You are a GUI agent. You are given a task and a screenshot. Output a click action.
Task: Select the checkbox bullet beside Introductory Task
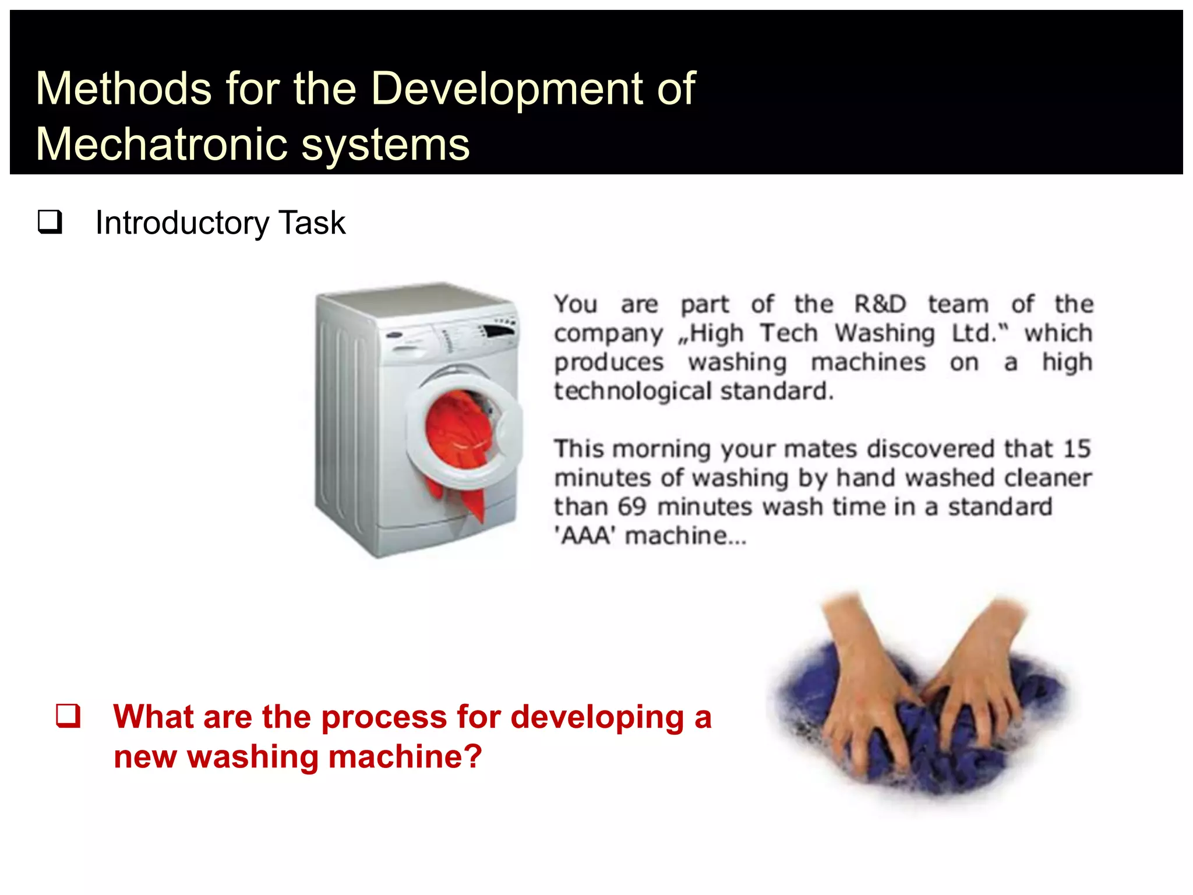(x=50, y=222)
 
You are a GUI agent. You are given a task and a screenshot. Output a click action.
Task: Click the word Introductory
(x=182, y=223)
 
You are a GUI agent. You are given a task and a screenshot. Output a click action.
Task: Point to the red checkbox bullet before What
(x=68, y=716)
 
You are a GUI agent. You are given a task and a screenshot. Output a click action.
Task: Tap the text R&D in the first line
(x=880, y=304)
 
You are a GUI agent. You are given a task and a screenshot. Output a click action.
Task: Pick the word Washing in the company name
(x=884, y=333)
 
